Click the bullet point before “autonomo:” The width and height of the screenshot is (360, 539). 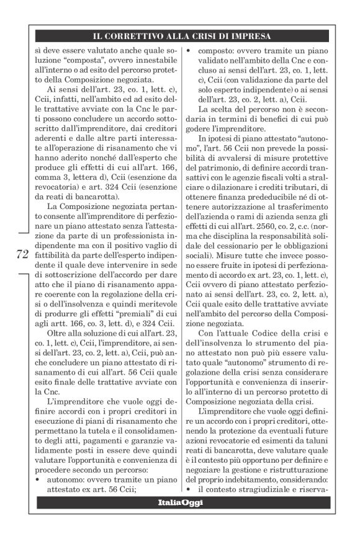(39, 479)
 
